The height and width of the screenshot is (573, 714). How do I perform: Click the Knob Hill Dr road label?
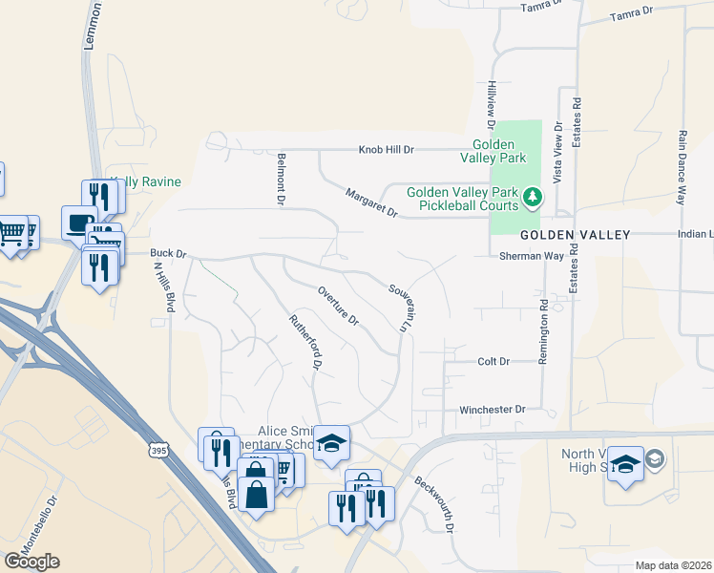tap(387, 150)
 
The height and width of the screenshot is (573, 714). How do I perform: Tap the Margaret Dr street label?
tap(371, 202)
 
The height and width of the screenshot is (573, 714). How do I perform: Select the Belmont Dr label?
tap(281, 180)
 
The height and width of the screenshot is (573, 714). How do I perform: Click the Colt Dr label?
tap(493, 362)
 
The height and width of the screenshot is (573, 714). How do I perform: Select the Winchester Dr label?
tap(493, 410)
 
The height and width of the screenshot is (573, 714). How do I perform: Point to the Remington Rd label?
tap(543, 328)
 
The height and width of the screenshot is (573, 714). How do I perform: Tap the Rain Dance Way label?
tap(682, 168)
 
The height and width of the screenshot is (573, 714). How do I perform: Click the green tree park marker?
tap(533, 200)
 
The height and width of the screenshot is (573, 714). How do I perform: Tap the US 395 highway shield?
tap(159, 448)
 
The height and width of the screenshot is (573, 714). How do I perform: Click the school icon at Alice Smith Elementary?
tap(331, 443)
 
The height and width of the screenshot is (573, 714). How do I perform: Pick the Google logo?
tap(31, 561)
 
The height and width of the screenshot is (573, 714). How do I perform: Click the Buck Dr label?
tap(167, 254)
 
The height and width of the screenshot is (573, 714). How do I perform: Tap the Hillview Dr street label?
tap(492, 104)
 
